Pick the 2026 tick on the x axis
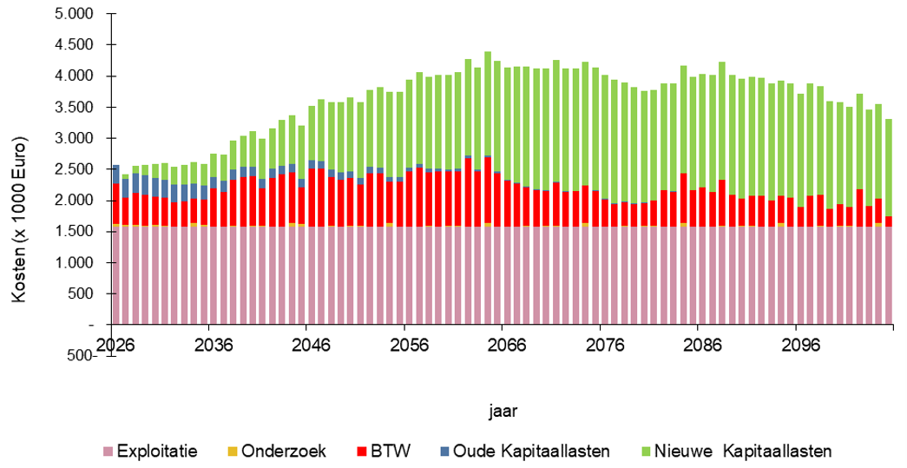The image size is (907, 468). [115, 343]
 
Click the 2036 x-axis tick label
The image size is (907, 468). [214, 343]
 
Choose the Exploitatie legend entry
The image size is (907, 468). [157, 452]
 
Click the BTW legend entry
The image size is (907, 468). [394, 452]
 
